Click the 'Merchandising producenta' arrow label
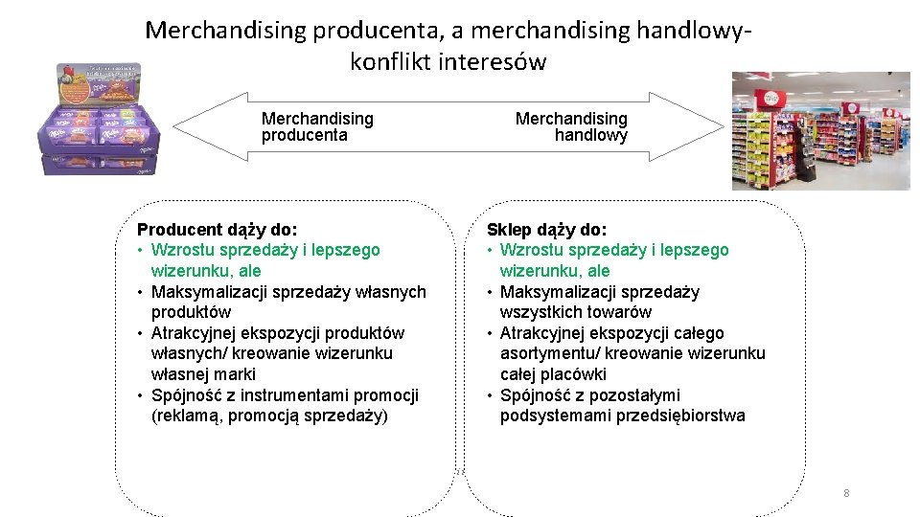point(317,126)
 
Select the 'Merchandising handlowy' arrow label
point(572,126)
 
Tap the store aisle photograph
point(820,130)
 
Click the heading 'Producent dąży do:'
point(218,230)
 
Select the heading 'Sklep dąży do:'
point(546,230)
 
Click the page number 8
point(846,493)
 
